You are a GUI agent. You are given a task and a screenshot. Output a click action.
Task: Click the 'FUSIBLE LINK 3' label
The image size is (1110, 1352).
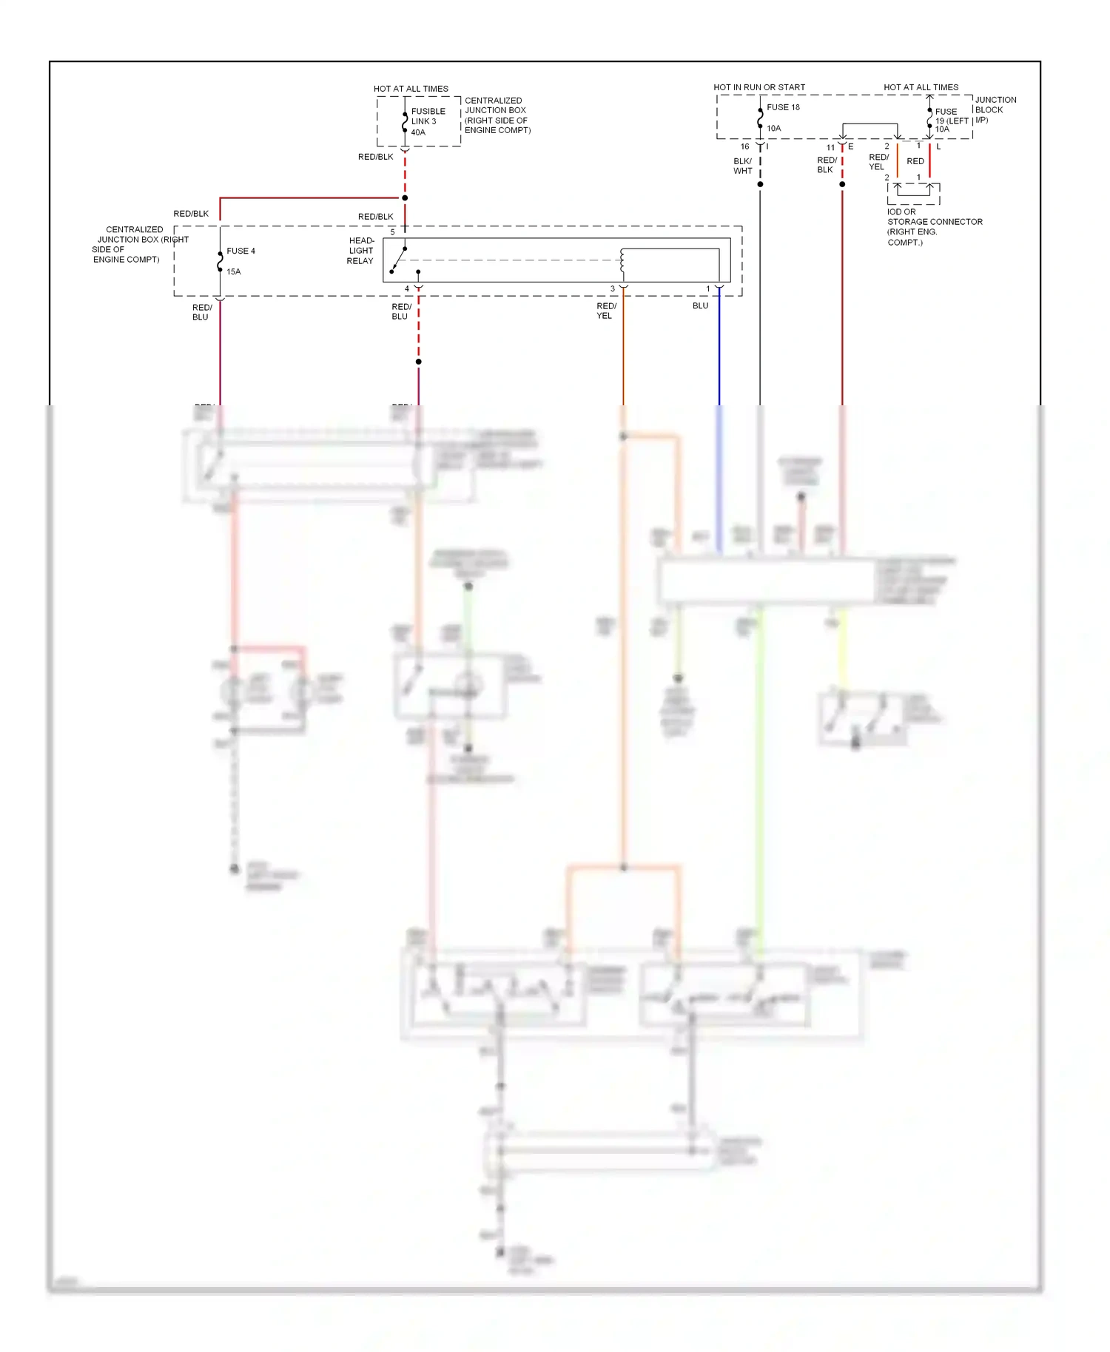428,116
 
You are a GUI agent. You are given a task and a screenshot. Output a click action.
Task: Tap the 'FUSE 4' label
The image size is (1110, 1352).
240,251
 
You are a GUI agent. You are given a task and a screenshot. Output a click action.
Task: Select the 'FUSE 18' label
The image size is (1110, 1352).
783,107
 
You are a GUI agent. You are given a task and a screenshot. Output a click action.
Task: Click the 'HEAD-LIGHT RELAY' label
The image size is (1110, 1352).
361,251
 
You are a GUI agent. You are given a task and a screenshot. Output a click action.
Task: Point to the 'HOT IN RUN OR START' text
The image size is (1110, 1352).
758,87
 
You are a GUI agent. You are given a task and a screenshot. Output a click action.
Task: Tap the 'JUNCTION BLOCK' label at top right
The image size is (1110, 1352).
995,105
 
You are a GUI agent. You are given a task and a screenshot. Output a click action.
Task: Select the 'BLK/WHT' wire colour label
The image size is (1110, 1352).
743,166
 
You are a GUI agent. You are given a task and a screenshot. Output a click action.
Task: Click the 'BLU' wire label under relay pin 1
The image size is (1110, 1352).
700,305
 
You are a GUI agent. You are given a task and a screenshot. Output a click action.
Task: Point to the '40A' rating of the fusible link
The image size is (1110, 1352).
418,132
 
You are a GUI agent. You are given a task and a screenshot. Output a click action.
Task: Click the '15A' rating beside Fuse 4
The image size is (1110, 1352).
234,271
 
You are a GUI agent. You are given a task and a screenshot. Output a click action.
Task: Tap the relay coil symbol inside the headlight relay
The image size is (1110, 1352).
622,260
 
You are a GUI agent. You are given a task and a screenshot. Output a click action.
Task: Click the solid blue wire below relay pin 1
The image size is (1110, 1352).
719,348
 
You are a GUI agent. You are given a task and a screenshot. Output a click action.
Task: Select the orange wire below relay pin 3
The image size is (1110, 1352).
623,348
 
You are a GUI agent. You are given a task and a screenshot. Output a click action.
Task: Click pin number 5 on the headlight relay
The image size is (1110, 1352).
392,232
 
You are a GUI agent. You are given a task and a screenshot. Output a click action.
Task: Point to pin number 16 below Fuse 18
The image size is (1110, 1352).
745,146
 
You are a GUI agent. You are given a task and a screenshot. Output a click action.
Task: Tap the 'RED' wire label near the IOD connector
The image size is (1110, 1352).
915,161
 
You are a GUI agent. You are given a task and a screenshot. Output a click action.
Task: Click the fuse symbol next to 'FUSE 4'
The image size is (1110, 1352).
220,262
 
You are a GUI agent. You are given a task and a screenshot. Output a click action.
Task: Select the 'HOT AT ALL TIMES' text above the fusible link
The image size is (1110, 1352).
411,89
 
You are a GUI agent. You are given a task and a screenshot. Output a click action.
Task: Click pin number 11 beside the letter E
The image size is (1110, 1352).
830,147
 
